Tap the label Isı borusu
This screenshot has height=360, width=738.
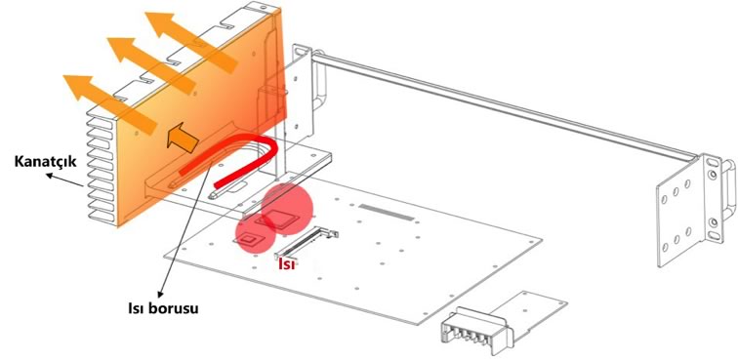(163, 308)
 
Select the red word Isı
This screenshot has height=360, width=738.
(287, 264)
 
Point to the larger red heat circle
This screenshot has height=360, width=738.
(287, 209)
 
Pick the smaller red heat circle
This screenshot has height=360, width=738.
(256, 233)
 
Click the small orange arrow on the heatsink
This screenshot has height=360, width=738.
(183, 138)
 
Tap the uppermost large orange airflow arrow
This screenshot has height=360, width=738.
(191, 43)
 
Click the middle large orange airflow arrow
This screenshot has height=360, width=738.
(151, 66)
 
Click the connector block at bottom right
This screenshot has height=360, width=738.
(475, 329)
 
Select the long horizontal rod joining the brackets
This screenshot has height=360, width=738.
(504, 105)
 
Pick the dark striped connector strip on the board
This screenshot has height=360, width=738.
(386, 213)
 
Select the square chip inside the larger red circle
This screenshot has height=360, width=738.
(281, 219)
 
